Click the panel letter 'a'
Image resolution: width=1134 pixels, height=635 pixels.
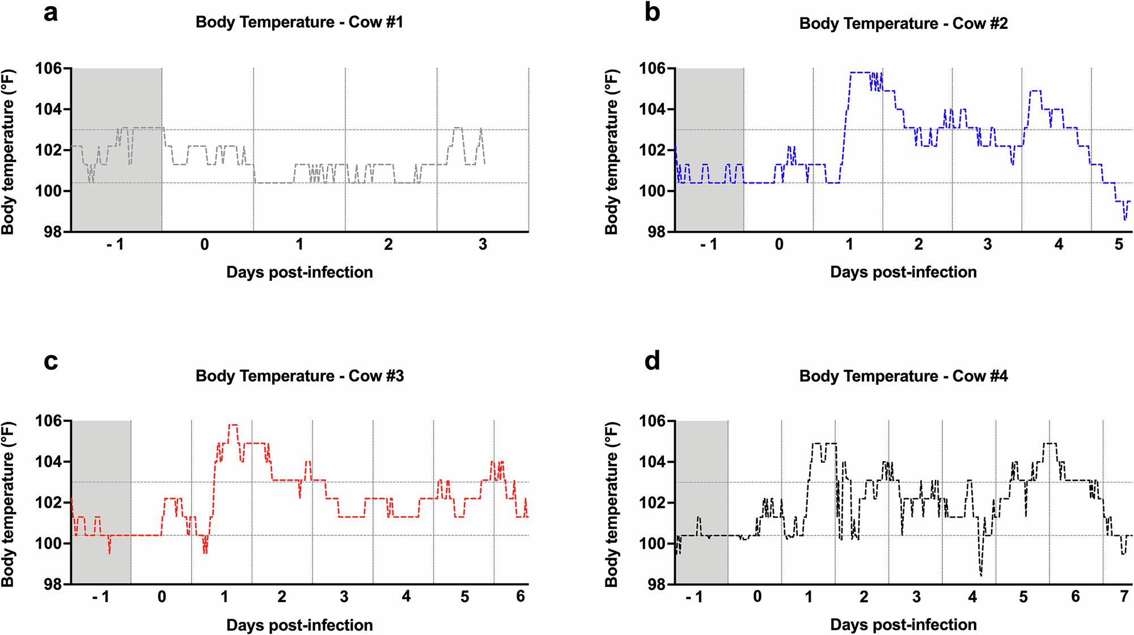50,13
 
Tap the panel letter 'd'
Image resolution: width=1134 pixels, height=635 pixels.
652,360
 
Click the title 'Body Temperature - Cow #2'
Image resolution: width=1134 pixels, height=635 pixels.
903,24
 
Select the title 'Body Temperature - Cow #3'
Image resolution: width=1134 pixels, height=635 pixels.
299,376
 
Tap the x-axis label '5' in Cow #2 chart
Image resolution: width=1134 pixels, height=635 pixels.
1118,244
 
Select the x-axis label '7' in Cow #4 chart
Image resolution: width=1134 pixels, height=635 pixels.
1124,596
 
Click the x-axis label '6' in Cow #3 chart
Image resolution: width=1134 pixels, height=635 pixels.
521,596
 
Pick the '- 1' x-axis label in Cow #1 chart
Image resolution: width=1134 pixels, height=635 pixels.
115,244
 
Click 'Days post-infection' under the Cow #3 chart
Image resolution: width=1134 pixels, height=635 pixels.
299,625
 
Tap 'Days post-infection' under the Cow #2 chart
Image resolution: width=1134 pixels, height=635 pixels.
903,272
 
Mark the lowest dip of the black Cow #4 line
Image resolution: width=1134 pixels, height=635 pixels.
981,575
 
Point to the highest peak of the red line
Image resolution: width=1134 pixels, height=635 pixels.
232,425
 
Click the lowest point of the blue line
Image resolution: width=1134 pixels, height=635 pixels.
1125,219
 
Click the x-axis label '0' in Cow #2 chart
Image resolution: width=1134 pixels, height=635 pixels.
779,244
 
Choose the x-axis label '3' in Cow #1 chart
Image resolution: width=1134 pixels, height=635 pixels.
483,244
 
